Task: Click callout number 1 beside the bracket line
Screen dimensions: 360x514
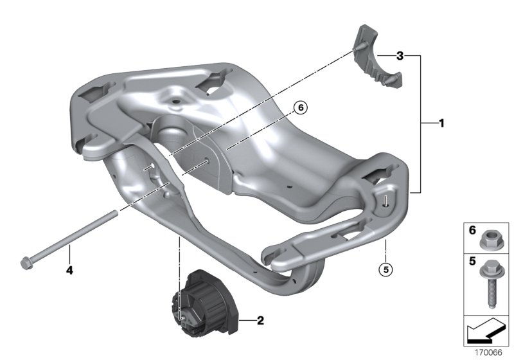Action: pos(441,122)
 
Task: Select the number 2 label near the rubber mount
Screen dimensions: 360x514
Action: pos(260,318)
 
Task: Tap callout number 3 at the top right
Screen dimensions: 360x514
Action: pos(399,57)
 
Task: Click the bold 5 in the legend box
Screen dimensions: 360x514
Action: pos(472,262)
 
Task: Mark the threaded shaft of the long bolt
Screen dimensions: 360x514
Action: pos(74,238)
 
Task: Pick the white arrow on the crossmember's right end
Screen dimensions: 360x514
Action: pos(385,199)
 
